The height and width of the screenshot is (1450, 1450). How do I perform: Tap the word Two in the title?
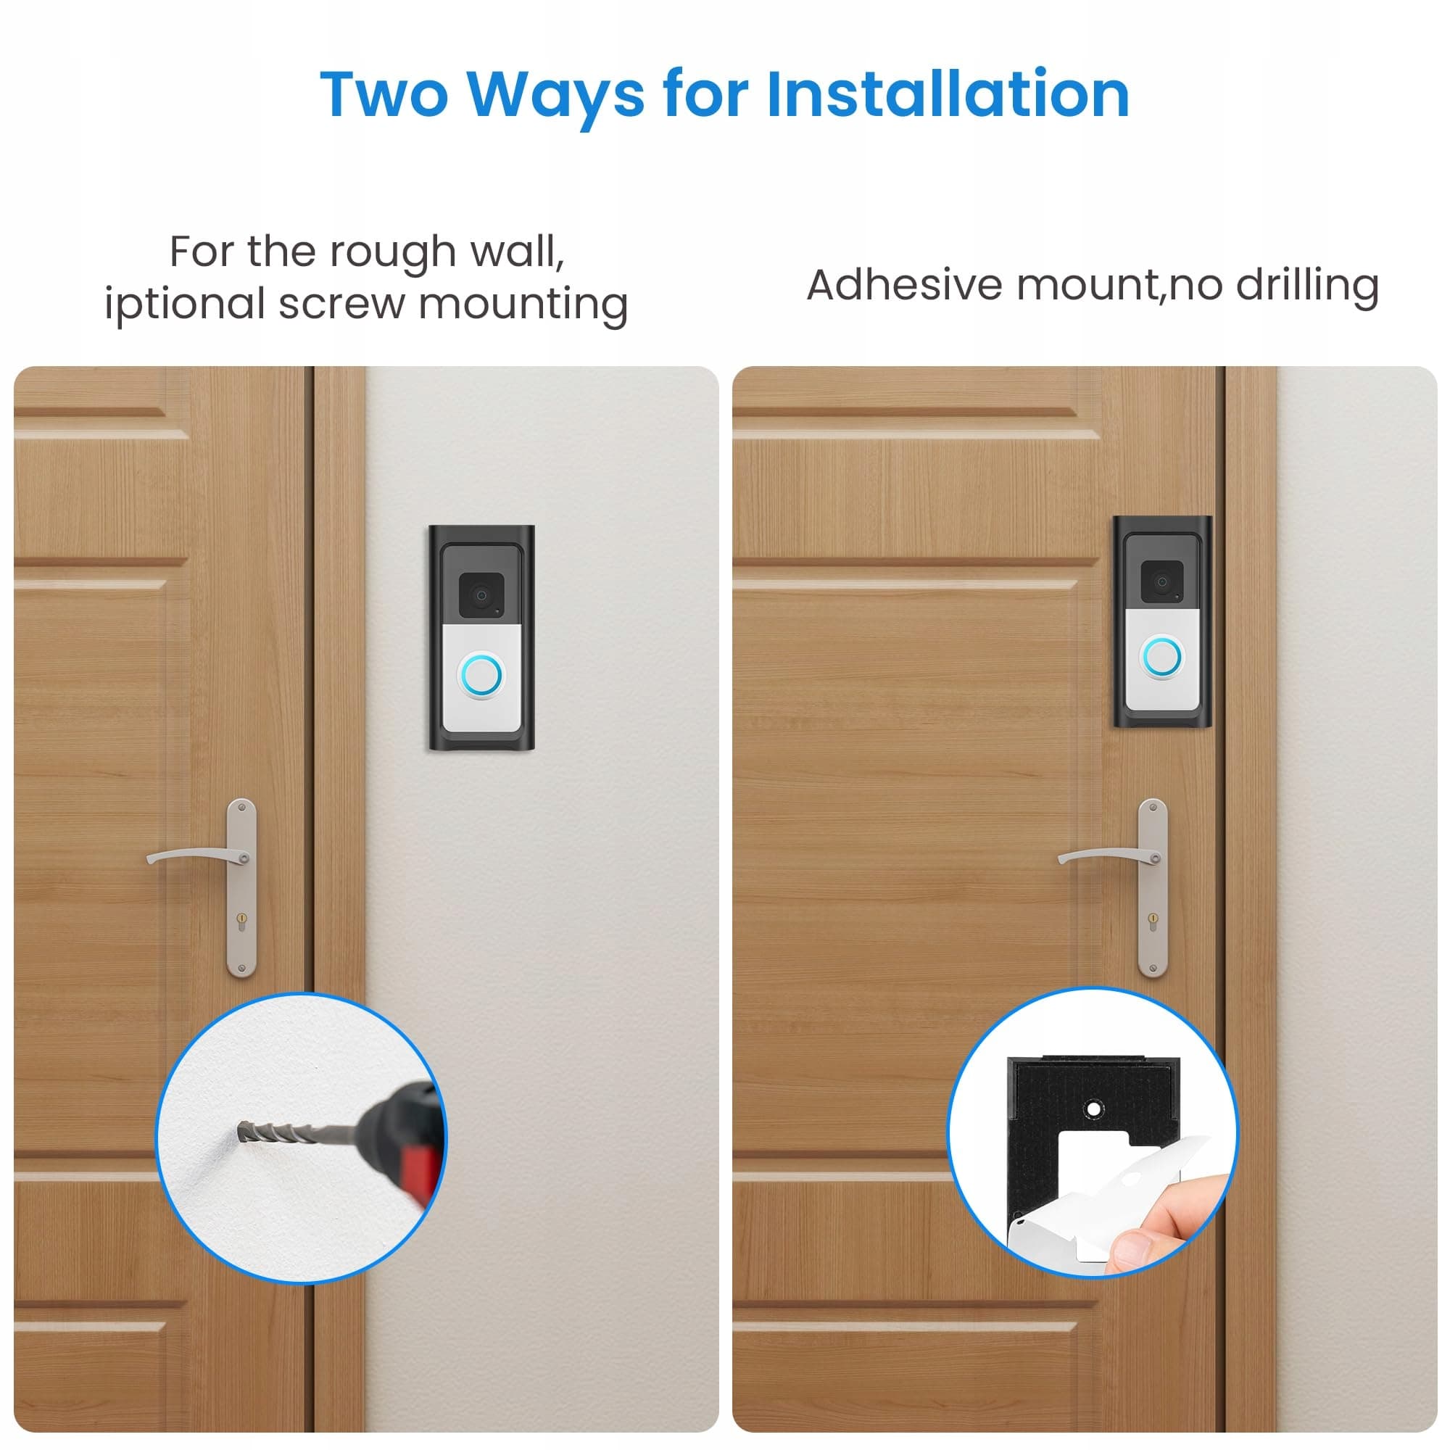[385, 94]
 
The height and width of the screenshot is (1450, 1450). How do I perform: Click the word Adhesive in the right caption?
[906, 285]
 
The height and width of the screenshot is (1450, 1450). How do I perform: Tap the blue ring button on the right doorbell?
[1161, 658]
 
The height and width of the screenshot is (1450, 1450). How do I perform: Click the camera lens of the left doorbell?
[481, 596]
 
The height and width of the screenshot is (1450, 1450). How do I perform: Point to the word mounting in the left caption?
[523, 304]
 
